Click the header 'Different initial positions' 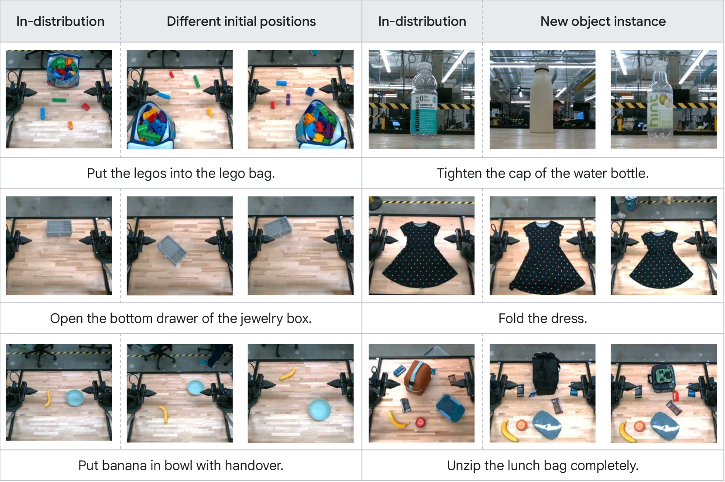[241, 21]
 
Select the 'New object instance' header [603, 21]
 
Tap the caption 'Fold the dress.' [543, 318]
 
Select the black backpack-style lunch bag [546, 374]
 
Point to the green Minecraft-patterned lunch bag [662, 379]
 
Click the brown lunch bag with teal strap [419, 378]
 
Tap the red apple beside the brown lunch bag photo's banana [420, 422]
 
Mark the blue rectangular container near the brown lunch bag [451, 408]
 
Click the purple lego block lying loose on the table [288, 99]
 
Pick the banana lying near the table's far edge [287, 373]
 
